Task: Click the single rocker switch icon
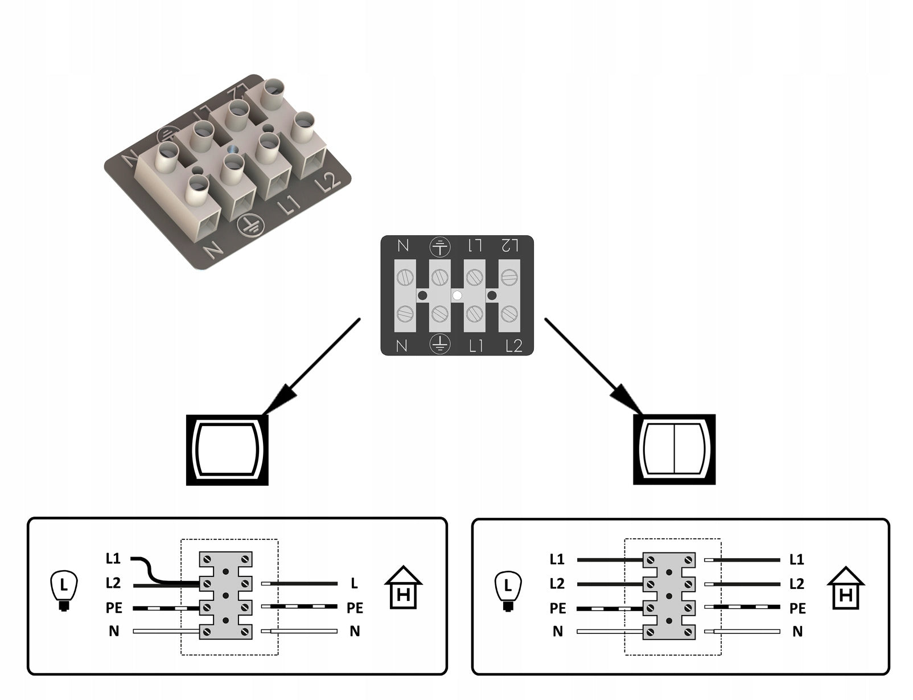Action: tap(227, 450)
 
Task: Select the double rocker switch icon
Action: tap(674, 450)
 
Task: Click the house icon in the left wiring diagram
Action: tap(404, 588)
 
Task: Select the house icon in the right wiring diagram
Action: tap(846, 588)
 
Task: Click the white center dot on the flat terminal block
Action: tap(457, 295)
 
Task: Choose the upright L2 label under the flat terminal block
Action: tap(513, 346)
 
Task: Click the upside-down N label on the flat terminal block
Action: tap(403, 246)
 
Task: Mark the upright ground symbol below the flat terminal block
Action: tap(439, 344)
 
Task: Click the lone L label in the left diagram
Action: tap(354, 583)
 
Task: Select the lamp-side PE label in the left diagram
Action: tap(114, 608)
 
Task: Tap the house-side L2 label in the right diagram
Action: tap(796, 584)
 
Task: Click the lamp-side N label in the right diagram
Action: tap(557, 631)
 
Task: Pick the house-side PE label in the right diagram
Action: tap(797, 608)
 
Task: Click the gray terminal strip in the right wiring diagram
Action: tap(669, 595)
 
